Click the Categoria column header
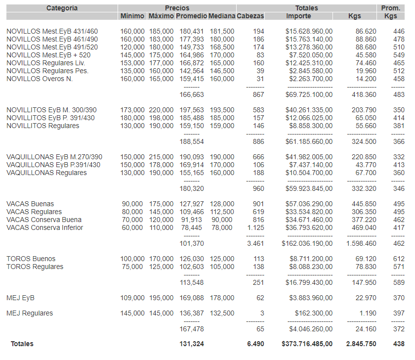pyautogui.click(x=62, y=8)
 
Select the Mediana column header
pyautogui.click(x=221, y=16)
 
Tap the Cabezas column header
pyautogui.click(x=250, y=16)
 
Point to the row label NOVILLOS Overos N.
pyautogui.click(x=40, y=79)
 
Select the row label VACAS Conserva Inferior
pyautogui.click(x=44, y=228)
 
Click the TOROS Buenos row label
pyautogui.click(x=31, y=259)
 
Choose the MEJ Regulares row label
pyautogui.click(x=30, y=314)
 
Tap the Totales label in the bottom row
pyautogui.click(x=22, y=344)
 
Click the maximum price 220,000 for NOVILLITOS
pyautogui.click(x=161, y=110)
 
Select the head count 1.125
pyautogui.click(x=254, y=228)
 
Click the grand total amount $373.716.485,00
pyautogui.click(x=307, y=344)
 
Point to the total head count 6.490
pyautogui.click(x=255, y=344)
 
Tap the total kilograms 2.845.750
pyautogui.click(x=361, y=344)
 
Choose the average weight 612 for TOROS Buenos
pyautogui.click(x=399, y=259)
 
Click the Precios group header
pyautogui.click(x=177, y=8)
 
